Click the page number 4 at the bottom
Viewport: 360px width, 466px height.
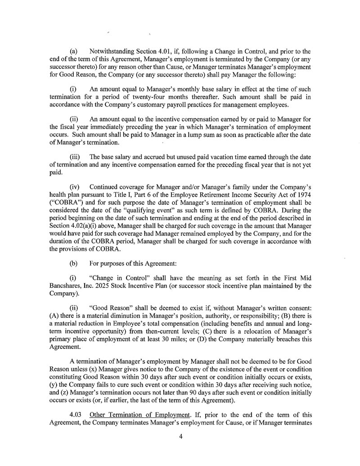(180, 436)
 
